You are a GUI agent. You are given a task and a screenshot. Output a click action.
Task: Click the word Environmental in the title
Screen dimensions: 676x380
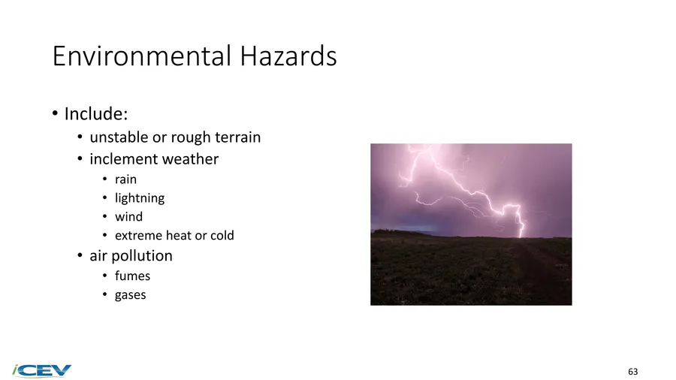(142, 56)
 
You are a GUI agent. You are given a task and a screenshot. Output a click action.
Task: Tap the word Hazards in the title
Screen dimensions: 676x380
(288, 56)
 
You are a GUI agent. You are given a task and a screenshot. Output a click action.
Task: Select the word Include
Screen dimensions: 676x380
(96, 113)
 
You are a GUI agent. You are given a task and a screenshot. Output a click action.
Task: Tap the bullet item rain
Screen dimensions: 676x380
(125, 179)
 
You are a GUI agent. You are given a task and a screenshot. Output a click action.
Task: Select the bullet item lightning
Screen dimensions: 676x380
(140, 198)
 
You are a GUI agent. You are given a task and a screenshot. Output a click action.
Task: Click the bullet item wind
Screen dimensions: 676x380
(128, 217)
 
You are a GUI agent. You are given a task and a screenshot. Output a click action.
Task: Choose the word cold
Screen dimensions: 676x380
(222, 236)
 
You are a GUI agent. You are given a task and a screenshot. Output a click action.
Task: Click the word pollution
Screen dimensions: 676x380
(142, 256)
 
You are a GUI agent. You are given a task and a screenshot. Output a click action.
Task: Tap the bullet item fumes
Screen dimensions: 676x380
(132, 276)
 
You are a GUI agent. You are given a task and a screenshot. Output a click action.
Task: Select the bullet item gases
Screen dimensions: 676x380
(130, 295)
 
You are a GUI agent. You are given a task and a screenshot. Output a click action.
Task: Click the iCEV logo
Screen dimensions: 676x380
(42, 370)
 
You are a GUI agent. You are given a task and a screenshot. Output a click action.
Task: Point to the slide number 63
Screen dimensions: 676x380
(633, 372)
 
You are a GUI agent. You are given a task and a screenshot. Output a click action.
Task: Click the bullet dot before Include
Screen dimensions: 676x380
(55, 113)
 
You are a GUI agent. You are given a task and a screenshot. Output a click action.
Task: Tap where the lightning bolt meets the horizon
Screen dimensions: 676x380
(521, 237)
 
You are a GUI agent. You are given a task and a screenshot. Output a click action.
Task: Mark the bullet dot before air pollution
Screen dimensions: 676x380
(80, 255)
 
